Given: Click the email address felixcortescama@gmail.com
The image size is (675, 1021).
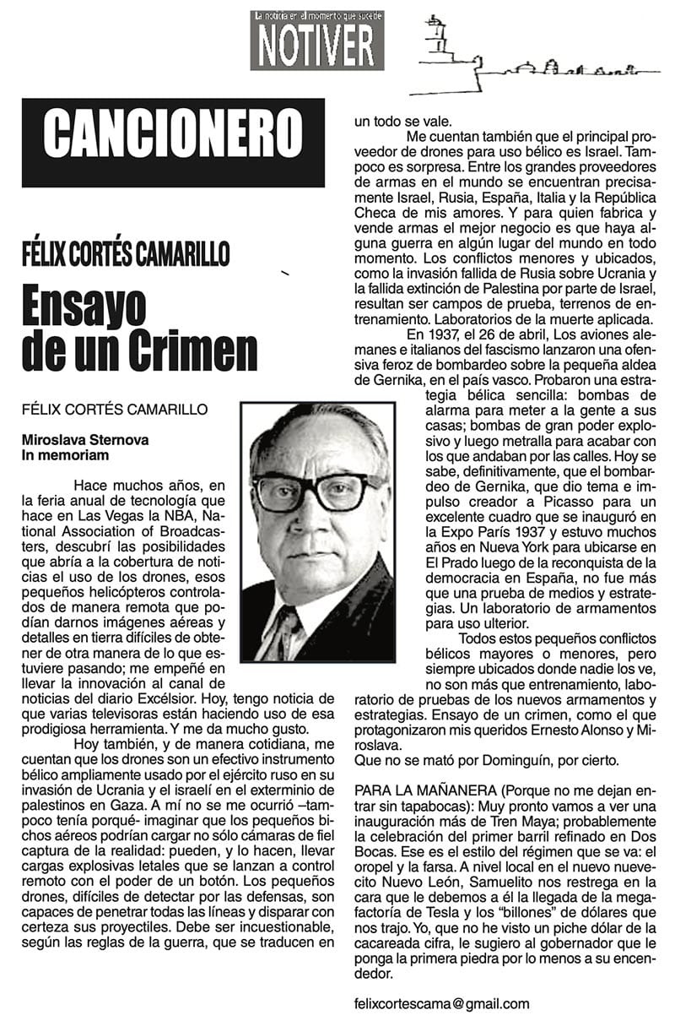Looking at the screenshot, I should (x=442, y=1003).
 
